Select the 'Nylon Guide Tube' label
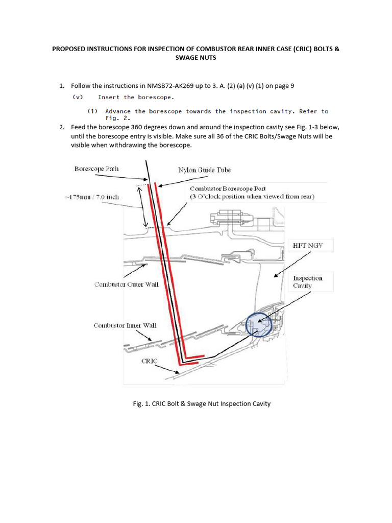(204, 170)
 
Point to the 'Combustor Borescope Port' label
(228, 189)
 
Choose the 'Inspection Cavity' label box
(308, 282)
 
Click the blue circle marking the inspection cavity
(259, 324)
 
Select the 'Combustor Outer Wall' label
(126, 284)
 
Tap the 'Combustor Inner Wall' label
(125, 325)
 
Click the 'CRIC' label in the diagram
(150, 361)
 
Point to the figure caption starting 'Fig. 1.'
(202, 403)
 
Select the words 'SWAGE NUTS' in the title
(195, 58)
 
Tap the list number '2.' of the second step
(62, 127)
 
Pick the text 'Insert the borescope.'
(136, 97)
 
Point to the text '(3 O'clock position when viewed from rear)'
(252, 197)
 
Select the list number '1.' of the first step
(62, 86)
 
